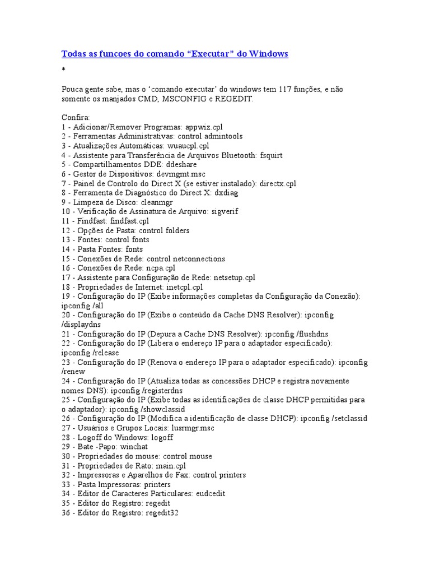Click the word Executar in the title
point(211,54)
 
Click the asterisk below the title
point(63,70)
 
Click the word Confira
point(72,118)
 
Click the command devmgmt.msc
point(184,174)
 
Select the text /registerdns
point(162,390)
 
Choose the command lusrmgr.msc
point(183,428)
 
